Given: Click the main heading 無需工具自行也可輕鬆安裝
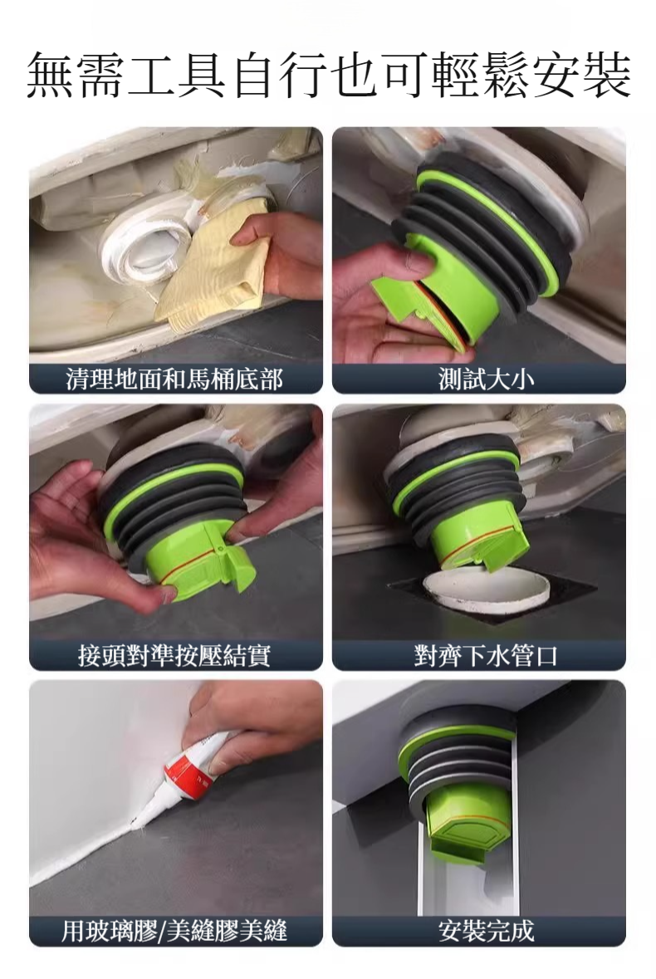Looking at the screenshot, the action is click(328, 75).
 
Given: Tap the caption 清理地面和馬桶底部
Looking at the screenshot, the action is click(174, 379).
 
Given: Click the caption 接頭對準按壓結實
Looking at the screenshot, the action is click(174, 656).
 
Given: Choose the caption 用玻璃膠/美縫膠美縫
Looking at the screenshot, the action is click(174, 931).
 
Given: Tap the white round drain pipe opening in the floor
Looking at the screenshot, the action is click(487, 588).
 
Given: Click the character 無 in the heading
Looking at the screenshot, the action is click(51, 75).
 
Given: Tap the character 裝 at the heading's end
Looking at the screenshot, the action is click(606, 75).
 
